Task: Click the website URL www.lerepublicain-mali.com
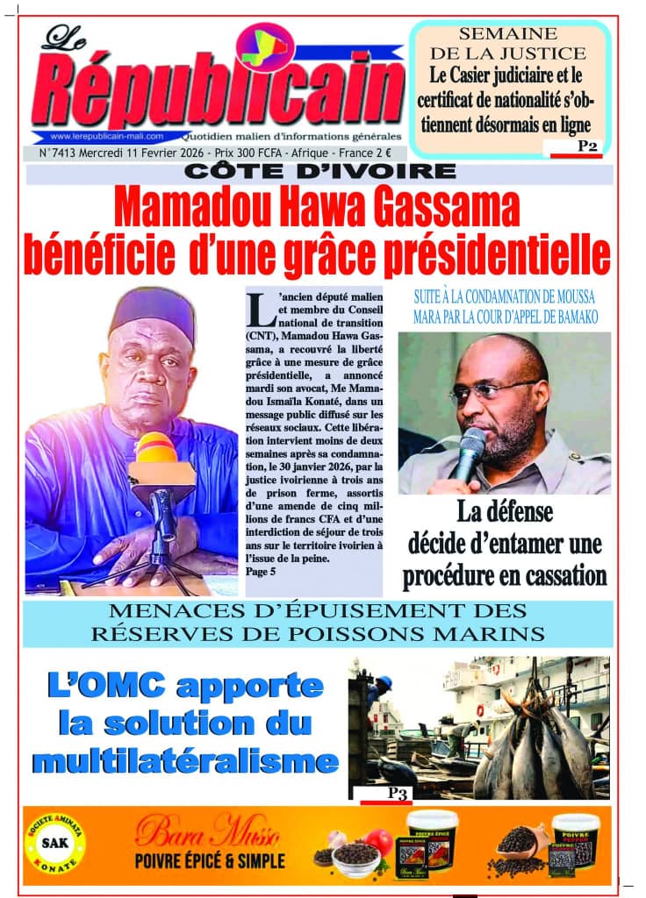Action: point(107,137)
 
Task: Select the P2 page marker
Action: point(587,147)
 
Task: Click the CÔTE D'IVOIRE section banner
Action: point(319,173)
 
